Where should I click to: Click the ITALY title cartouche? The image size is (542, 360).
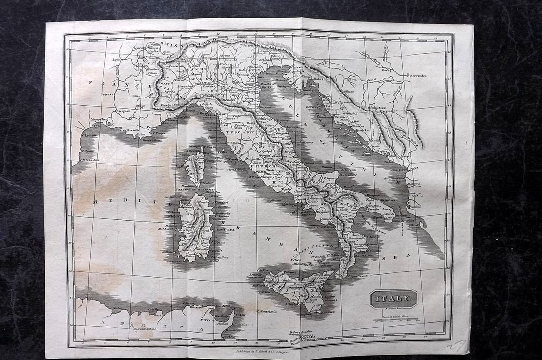[x=393, y=298]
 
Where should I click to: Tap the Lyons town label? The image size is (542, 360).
[x=117, y=59]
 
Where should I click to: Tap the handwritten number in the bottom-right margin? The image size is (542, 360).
[x=455, y=346]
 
